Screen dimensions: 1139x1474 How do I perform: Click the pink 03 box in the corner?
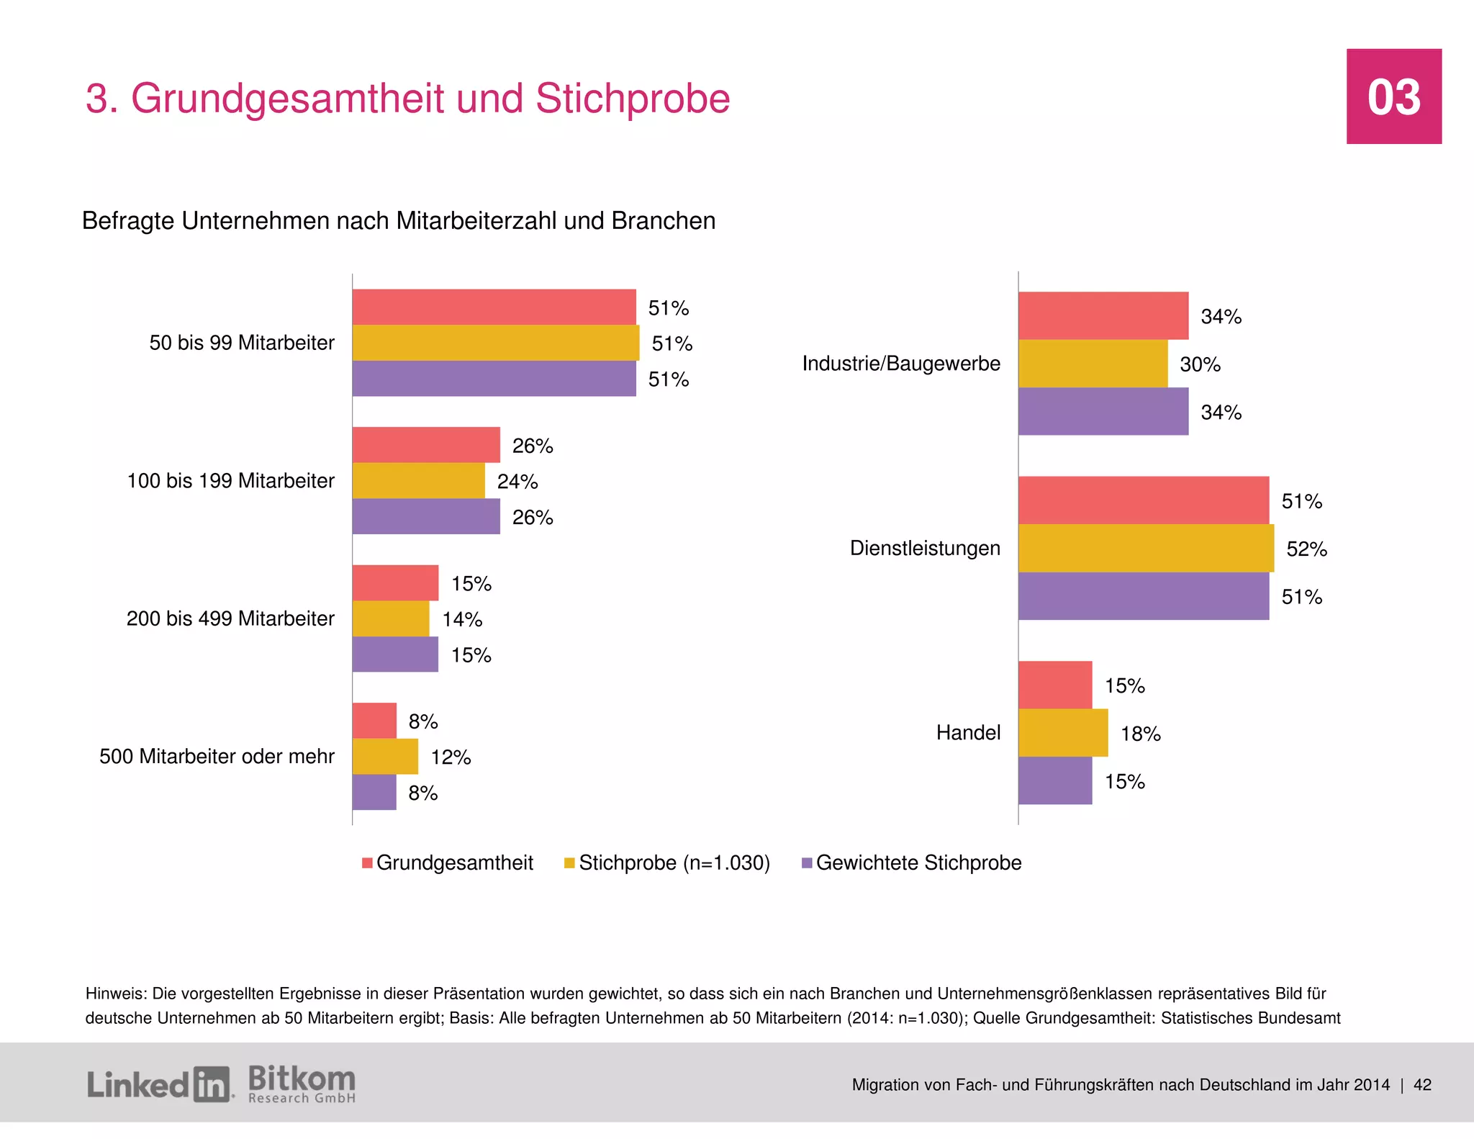tap(1393, 96)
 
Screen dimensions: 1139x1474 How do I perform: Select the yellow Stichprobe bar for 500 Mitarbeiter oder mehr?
tap(385, 756)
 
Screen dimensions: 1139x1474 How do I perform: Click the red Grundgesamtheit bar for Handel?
tap(1055, 685)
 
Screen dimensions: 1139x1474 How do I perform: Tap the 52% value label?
tap(1306, 549)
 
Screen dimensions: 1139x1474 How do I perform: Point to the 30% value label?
tap(1200, 364)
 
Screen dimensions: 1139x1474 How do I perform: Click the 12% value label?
tap(451, 757)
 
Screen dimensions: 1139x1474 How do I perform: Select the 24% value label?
tap(517, 482)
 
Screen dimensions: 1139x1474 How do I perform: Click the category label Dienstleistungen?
tap(925, 548)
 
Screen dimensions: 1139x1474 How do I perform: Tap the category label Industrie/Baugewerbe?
tap(901, 364)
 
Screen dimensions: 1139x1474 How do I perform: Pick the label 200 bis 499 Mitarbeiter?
tap(230, 618)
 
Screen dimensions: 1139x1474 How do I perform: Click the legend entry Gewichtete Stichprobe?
tap(918, 863)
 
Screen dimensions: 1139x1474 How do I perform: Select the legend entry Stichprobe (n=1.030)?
tap(674, 863)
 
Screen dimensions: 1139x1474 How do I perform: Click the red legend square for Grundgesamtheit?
tap(367, 863)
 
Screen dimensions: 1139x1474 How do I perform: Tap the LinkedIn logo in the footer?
tap(159, 1084)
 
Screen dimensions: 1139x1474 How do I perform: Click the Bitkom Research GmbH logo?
tap(302, 1084)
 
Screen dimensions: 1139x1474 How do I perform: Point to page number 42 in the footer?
tap(1422, 1085)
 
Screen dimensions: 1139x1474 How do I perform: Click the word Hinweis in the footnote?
tap(115, 994)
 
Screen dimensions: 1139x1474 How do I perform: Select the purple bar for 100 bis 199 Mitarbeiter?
tap(426, 516)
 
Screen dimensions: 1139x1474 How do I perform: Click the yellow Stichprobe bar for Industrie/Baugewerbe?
tap(1093, 364)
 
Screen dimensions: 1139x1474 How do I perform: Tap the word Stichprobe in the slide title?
tap(632, 99)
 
